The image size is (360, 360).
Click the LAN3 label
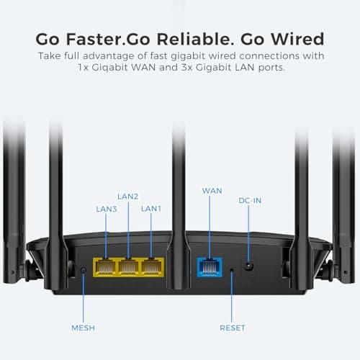point(107,209)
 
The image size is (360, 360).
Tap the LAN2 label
point(127,196)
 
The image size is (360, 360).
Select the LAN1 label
point(151,209)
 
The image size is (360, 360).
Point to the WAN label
point(212,191)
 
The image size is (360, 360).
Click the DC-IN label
point(250,200)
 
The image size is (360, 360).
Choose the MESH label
point(83,328)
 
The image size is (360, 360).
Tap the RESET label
point(232,328)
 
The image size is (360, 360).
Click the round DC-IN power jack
point(249,266)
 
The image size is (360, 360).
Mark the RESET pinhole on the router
point(231,271)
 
